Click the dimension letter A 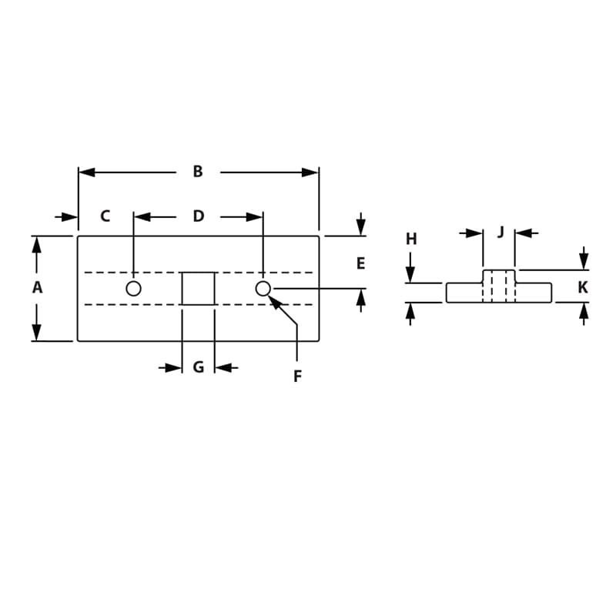coord(37,288)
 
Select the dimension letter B coord(198,172)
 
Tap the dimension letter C coord(105,216)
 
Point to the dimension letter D coord(198,216)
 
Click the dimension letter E coord(360,263)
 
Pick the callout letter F coord(297,377)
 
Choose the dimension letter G coord(198,367)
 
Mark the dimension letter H coord(411,239)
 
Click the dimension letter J coord(500,232)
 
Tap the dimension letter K coord(583,288)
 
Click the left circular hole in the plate coord(133,289)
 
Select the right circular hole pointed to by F coord(263,289)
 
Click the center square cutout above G coord(198,289)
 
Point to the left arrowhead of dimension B coord(87,172)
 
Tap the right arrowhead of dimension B coord(310,172)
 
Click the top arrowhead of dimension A coord(36,245)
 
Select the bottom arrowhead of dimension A coord(36,332)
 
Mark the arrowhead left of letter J coord(474,233)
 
